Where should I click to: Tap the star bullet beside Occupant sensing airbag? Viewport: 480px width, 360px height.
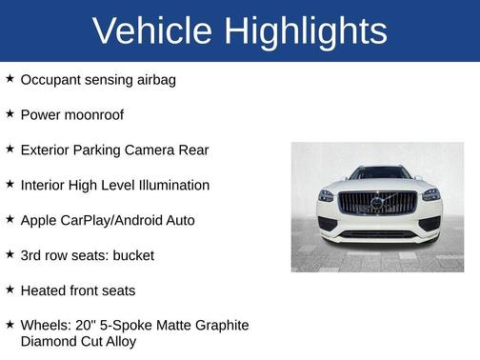pos(10,79)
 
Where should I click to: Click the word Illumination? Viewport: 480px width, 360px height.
pos(168,185)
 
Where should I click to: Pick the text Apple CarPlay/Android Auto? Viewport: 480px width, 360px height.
pos(107,220)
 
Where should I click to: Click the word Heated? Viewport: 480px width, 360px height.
pos(46,290)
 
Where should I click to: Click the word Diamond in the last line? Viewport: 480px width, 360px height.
pos(49,340)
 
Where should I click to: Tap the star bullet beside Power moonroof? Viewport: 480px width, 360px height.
pos(10,114)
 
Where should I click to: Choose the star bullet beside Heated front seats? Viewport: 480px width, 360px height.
pos(10,290)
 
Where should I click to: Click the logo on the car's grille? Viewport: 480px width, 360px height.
pos(377,203)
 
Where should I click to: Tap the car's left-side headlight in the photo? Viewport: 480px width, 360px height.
pos(327,195)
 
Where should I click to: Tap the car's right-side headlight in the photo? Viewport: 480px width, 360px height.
pos(430,194)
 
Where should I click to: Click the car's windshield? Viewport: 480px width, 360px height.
pos(378,173)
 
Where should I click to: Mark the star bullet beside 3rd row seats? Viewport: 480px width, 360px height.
pos(10,255)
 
